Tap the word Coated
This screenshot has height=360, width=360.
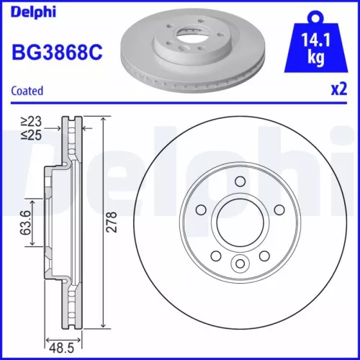27,91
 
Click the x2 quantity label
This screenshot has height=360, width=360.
337,91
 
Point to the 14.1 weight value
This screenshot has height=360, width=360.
315,40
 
